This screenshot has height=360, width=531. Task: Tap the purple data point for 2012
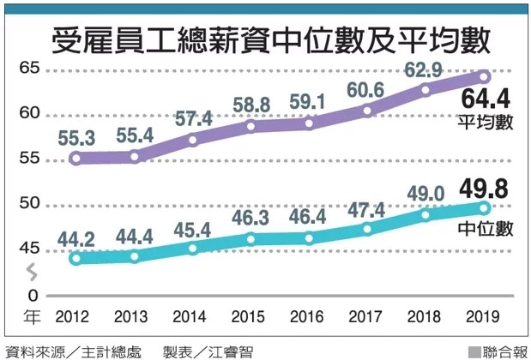click(x=75, y=158)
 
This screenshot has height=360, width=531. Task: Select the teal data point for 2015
click(x=250, y=239)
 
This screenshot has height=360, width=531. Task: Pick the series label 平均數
click(x=486, y=123)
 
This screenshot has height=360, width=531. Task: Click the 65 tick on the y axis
click(x=30, y=69)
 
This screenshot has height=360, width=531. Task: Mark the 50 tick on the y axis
click(x=30, y=203)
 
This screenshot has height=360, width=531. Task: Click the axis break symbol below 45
click(x=32, y=273)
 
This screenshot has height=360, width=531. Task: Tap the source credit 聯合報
click(x=500, y=351)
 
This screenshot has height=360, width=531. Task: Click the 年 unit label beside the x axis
click(x=31, y=318)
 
